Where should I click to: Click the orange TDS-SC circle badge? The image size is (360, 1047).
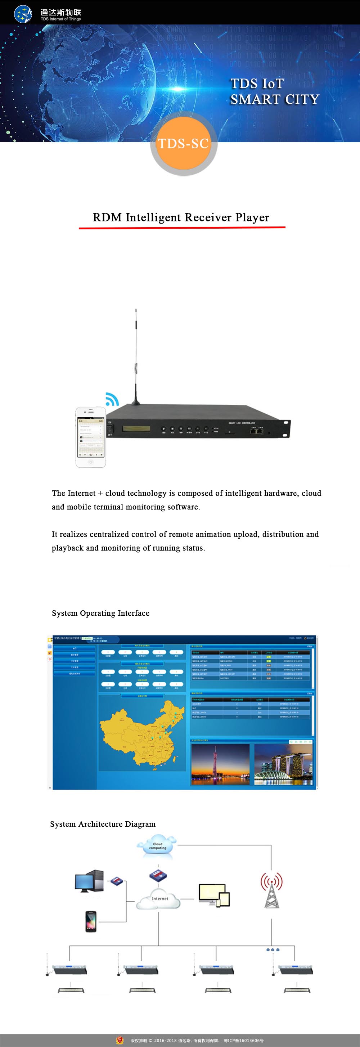tap(183, 143)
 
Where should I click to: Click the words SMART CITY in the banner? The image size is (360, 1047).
tap(275, 99)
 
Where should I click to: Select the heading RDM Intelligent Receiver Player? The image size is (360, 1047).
tap(181, 217)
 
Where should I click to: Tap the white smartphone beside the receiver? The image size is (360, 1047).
tap(91, 437)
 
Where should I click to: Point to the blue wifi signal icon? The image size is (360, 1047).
tap(111, 399)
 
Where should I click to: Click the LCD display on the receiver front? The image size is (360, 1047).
tap(136, 428)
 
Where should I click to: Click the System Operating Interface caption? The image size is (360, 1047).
tap(100, 613)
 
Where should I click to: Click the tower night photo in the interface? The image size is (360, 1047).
tap(220, 764)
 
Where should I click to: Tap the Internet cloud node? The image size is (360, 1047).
tap(158, 900)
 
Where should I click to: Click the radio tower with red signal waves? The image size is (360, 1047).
tap(271, 890)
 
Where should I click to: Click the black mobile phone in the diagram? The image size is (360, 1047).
tap(91, 921)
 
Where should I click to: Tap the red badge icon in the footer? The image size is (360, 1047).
tap(120, 1040)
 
